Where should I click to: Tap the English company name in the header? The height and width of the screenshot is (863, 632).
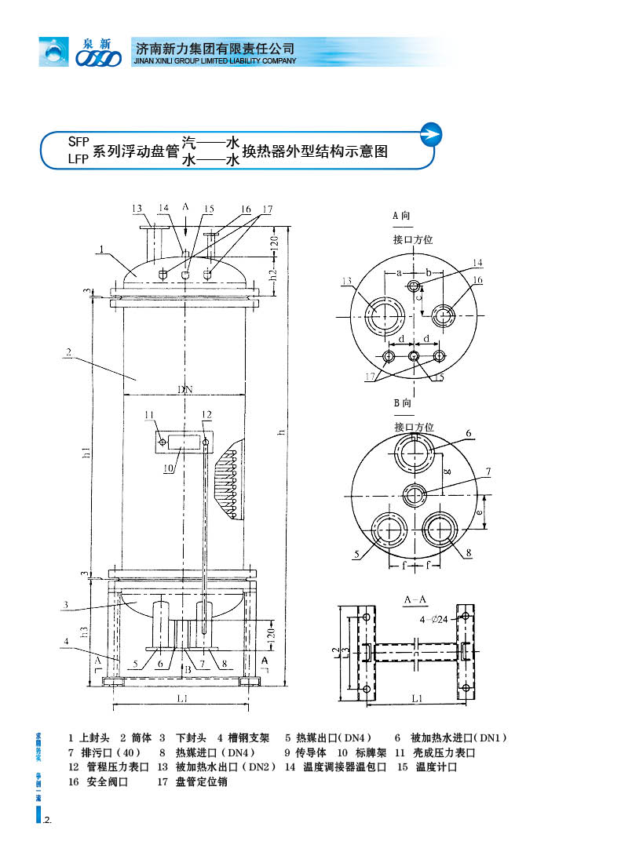[215, 61]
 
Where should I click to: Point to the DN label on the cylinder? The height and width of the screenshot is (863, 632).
[184, 388]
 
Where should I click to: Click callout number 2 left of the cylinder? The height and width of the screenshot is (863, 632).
[68, 353]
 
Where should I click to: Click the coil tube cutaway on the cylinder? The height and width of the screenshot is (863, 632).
[234, 482]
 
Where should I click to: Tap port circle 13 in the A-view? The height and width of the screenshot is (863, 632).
[385, 315]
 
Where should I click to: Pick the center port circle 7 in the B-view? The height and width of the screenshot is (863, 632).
[415, 495]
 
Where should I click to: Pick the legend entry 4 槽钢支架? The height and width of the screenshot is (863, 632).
[243, 738]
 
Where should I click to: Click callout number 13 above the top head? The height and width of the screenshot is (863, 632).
[138, 209]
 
